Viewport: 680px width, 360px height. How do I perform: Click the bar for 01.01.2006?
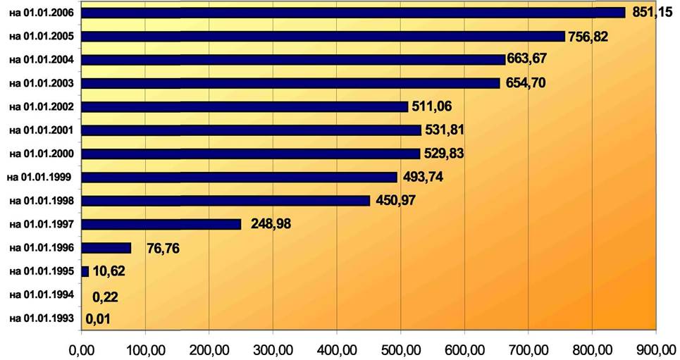point(352,13)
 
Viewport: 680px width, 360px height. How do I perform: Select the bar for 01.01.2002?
point(245,106)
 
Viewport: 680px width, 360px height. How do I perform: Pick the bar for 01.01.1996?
point(106,248)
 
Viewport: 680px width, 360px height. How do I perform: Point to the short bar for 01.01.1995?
point(85,271)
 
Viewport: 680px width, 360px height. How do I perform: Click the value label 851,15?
point(653,12)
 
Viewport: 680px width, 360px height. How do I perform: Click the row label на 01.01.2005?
point(43,36)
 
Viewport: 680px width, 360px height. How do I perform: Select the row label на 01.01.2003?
point(43,83)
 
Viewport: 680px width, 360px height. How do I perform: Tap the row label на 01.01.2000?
point(43,154)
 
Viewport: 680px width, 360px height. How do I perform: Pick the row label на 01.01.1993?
point(43,318)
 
